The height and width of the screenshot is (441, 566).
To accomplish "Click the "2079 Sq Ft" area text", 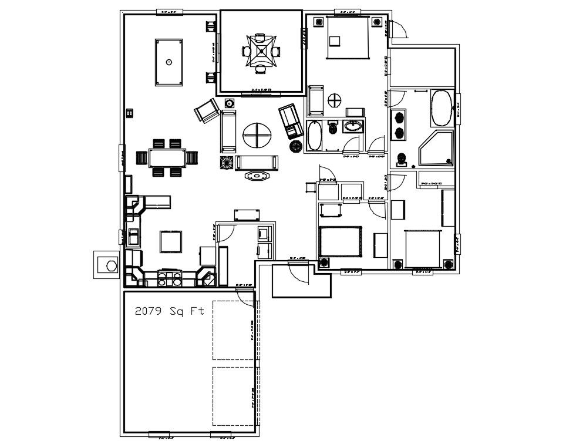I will coord(170,311).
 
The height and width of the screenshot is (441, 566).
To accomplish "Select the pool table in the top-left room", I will coord(169,62).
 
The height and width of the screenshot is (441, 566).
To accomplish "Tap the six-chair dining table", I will coord(167,157).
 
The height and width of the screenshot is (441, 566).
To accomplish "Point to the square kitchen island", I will coord(171,241).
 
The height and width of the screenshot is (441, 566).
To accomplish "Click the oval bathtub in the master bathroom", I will coord(442,107).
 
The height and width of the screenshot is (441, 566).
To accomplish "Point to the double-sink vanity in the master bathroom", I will coord(399,124).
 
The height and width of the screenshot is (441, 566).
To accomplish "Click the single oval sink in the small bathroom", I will coord(353,126).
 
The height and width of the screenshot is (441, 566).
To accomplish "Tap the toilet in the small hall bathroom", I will coord(332,127).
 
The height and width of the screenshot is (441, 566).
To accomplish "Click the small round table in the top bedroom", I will coord(334,100).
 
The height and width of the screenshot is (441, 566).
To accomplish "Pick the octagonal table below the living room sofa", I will coord(257,175).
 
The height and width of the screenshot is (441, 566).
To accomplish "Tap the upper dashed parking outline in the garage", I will coord(234,329).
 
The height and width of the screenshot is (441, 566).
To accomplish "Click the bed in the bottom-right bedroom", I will coord(422,247).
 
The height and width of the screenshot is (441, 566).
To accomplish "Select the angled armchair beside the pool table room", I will coord(207,111).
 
